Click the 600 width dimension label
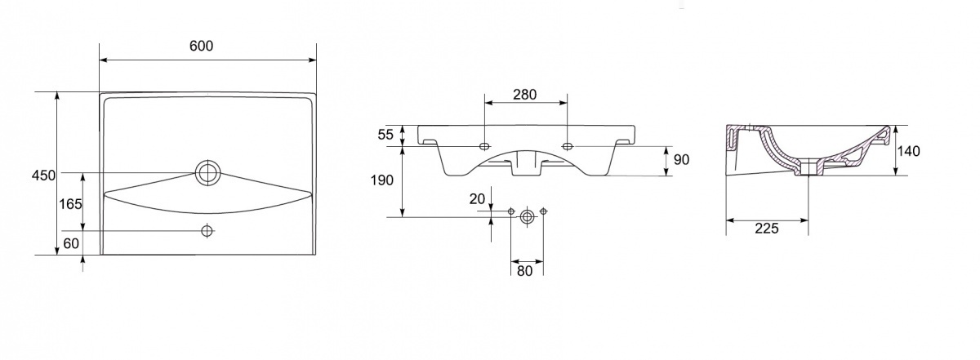201,46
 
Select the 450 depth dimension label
43,175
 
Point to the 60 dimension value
72,242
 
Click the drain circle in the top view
207,172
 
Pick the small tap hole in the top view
207,231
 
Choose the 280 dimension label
524,94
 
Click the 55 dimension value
385,133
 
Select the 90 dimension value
681,159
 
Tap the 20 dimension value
477,198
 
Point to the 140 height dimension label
908,151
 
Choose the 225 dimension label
766,229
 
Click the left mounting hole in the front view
484,146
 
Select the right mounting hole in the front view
568,146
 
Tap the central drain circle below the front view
527,216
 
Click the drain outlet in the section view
808,170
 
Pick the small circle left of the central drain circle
511,213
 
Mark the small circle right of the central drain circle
543,213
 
